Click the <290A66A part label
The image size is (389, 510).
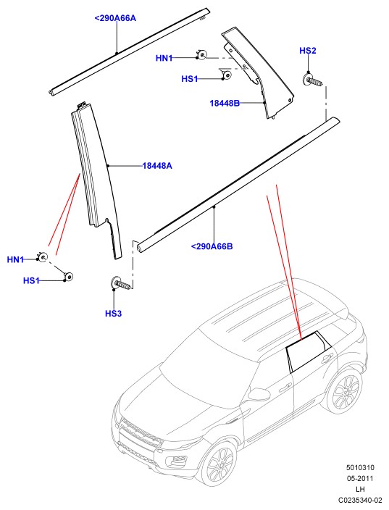[115, 18]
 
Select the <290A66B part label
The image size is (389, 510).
[212, 246]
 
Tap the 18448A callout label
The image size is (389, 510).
[157, 166]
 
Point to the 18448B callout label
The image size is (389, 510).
[225, 103]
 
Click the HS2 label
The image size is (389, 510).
[308, 51]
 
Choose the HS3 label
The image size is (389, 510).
[113, 314]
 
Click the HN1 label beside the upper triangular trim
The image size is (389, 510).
[164, 58]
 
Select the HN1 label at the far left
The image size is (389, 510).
[15, 259]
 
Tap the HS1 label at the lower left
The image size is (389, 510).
[31, 280]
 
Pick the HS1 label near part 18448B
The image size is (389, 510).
[190, 79]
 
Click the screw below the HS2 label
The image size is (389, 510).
[314, 80]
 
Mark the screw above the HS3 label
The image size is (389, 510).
[121, 283]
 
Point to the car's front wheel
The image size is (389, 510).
[217, 463]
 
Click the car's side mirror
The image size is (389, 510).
[258, 394]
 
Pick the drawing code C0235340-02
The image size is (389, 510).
[360, 500]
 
